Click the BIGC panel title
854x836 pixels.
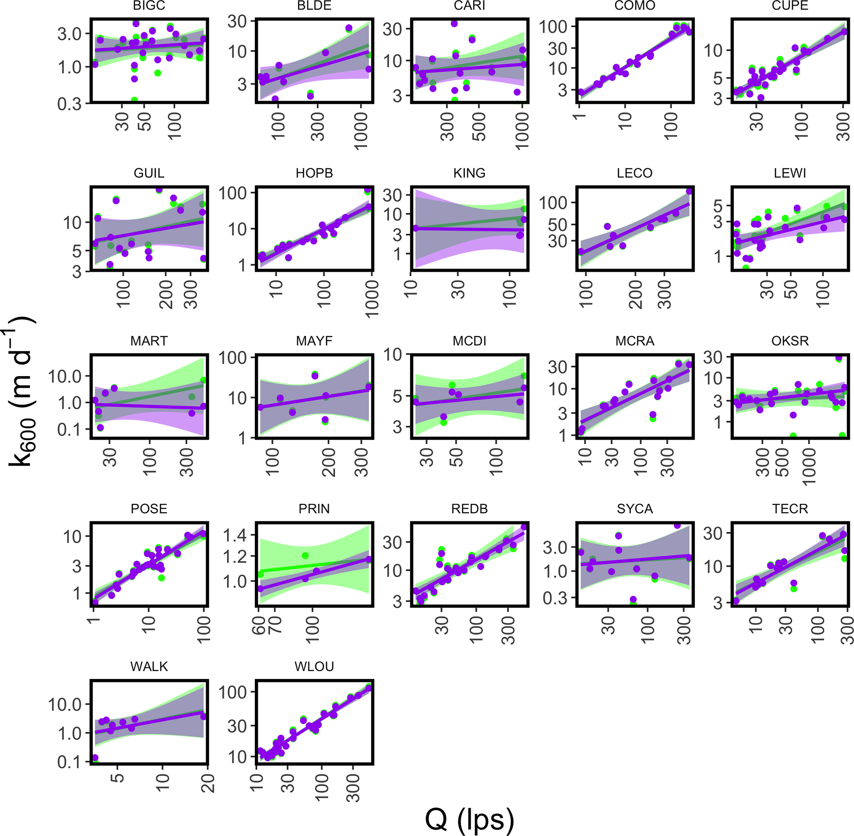pos(149,6)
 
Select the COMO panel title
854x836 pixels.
pos(635,6)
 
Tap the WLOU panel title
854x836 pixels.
pos(314,666)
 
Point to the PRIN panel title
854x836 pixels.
pos(314,508)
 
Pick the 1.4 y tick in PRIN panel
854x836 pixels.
pos(236,535)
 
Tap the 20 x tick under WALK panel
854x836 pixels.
pos(208,784)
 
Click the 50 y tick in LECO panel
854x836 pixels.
pos(558,225)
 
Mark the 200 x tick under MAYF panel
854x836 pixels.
pos(328,462)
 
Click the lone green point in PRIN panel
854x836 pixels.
pos(306,555)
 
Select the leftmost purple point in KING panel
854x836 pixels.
pos(415,228)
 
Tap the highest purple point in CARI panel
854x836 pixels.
pos(454,24)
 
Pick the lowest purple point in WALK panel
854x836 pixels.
pos(95,758)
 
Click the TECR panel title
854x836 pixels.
pos(790,508)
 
